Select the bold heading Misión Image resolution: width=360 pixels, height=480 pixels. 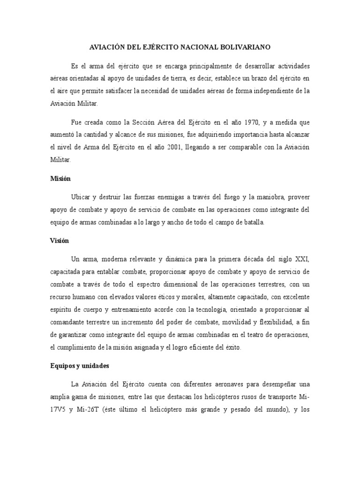click(x=60, y=178)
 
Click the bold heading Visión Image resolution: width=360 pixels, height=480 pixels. click(x=60, y=240)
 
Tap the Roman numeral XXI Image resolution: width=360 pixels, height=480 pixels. click(x=300, y=259)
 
